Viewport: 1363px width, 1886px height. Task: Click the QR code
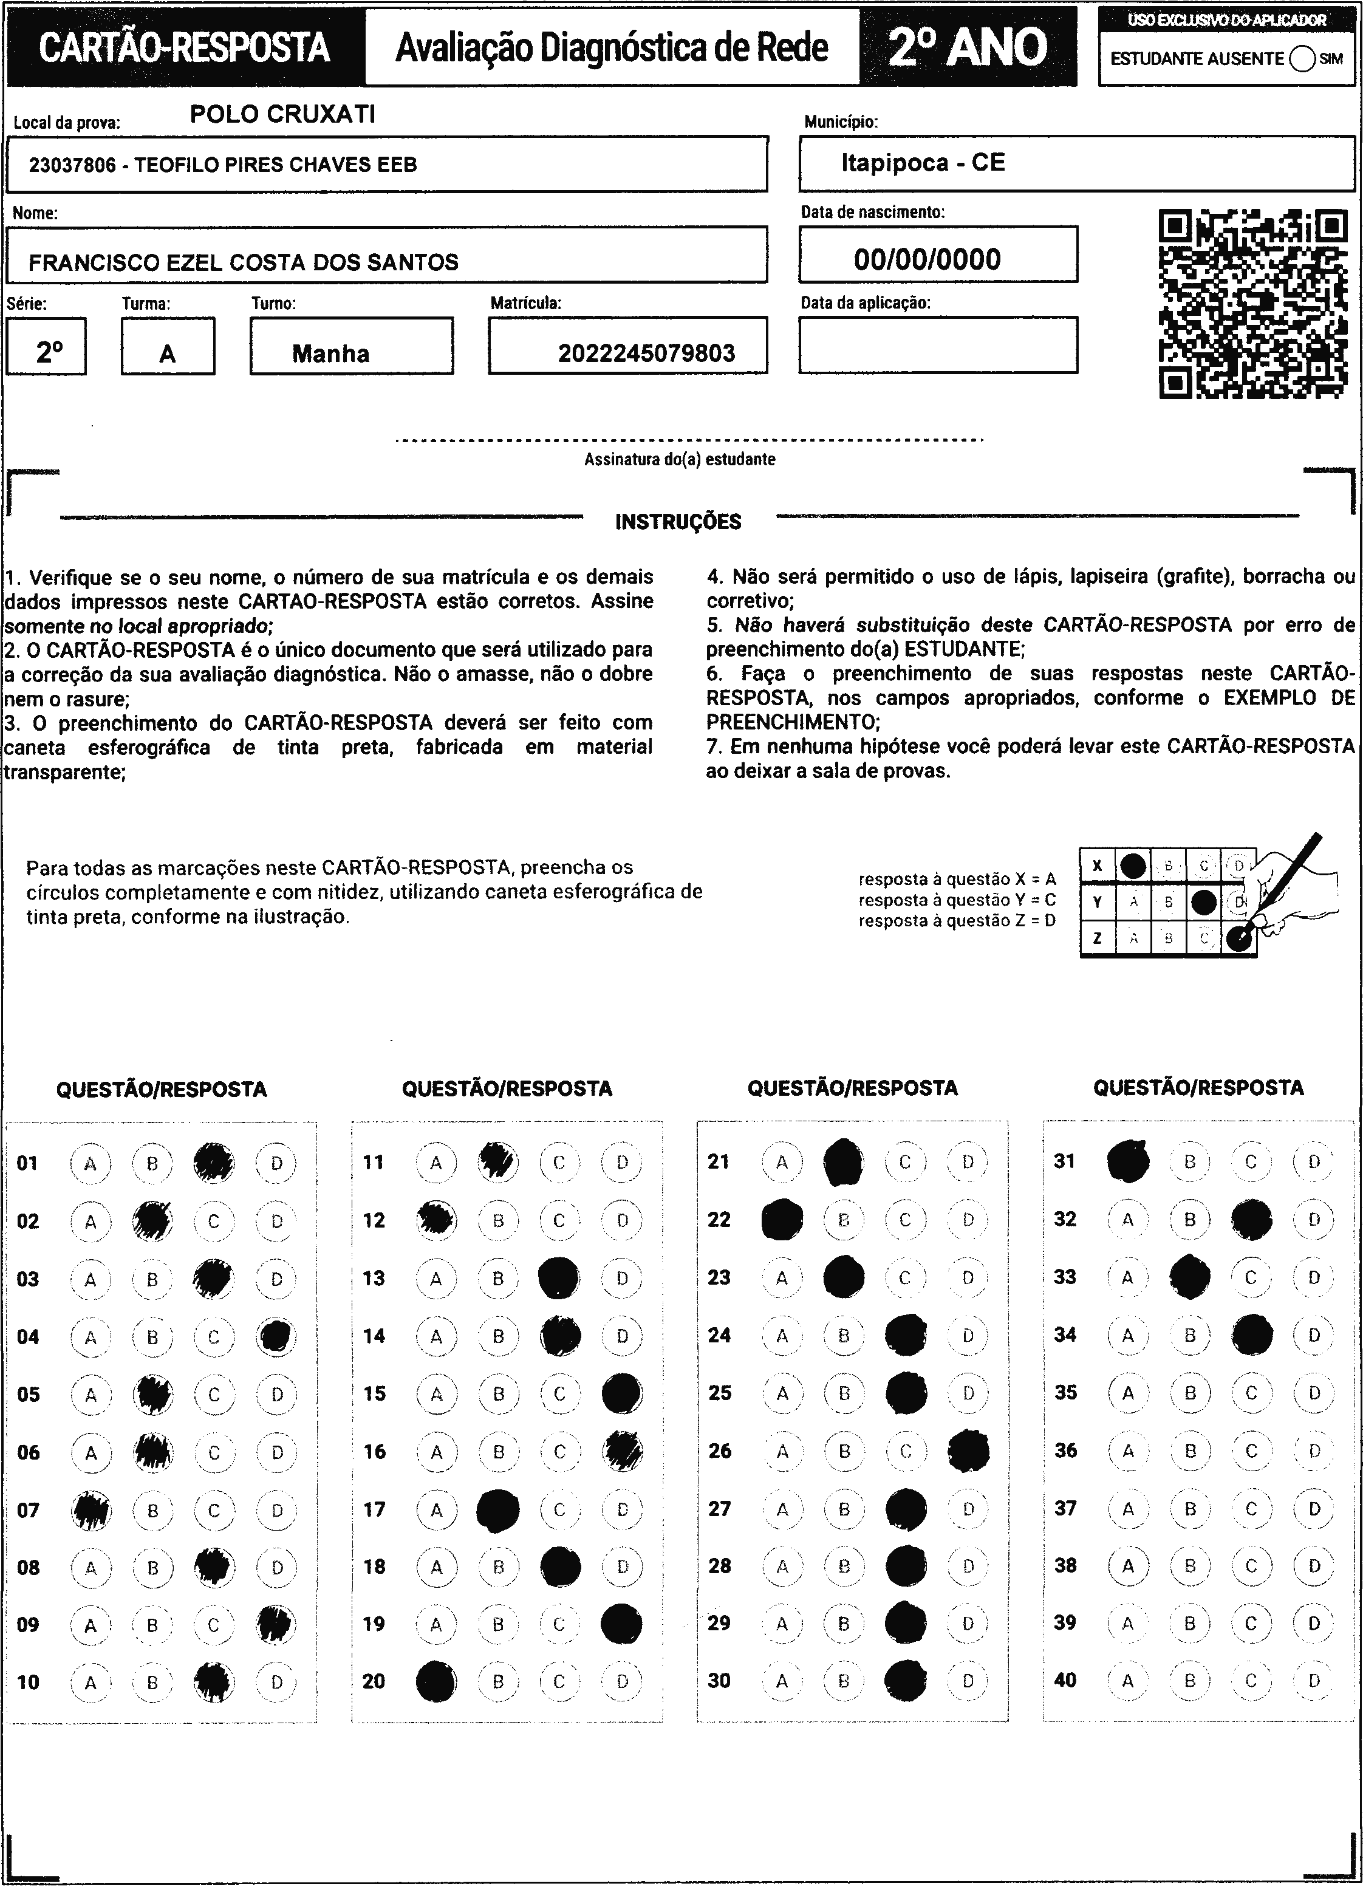(1252, 304)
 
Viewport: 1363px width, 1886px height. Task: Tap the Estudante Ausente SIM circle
(1302, 59)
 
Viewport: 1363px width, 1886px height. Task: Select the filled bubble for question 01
(214, 1163)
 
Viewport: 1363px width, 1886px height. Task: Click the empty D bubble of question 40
(1314, 1681)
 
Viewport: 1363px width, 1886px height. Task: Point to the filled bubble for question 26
(969, 1451)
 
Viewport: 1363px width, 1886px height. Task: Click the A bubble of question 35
(1128, 1393)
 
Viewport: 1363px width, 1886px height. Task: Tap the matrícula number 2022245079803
(646, 354)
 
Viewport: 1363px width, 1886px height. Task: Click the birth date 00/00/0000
(927, 259)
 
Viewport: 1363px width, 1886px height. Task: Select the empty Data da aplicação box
(938, 345)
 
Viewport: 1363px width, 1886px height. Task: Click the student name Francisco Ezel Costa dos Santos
(243, 263)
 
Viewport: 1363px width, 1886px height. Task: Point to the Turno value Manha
(330, 354)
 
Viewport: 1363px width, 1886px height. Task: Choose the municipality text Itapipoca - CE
(923, 163)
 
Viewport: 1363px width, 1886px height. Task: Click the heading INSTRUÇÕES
(678, 522)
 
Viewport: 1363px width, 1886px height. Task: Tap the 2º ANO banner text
(968, 47)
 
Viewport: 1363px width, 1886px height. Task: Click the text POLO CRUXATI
(283, 114)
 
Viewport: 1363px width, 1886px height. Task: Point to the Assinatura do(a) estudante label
(680, 459)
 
